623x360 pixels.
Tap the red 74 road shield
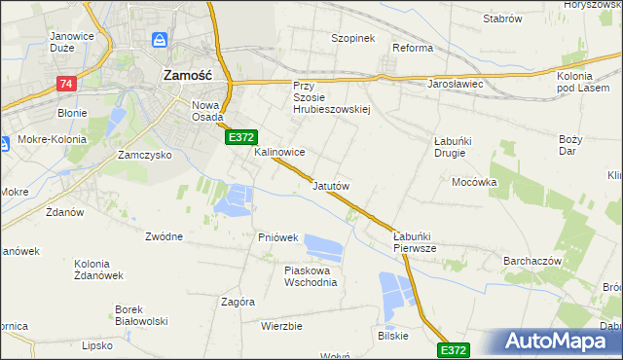pos(66,85)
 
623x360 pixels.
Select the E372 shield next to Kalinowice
pos(242,139)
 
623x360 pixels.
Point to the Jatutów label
pos(331,185)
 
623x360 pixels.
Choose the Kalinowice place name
pos(280,153)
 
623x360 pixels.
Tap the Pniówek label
pos(277,237)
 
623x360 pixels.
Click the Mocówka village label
pos(474,182)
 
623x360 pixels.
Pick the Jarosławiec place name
pos(456,85)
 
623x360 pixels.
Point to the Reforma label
pos(412,48)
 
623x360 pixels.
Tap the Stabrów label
pos(502,19)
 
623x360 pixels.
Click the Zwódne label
pos(164,236)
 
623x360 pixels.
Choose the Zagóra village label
pos(238,302)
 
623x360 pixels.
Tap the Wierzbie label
pos(281,326)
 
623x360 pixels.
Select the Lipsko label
pos(97,345)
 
